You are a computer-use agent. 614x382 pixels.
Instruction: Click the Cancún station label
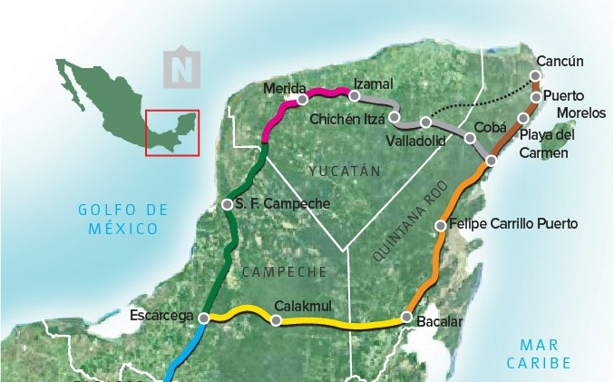(x=560, y=61)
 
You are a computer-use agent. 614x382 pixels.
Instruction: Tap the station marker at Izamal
(x=355, y=96)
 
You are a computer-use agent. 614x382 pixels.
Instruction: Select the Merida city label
(x=284, y=87)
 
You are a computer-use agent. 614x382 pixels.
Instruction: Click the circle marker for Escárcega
(x=204, y=318)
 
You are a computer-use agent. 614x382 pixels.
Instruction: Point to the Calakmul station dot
(x=276, y=319)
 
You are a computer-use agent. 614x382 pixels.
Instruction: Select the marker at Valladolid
(x=425, y=122)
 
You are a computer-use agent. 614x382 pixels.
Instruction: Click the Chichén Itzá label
(x=347, y=119)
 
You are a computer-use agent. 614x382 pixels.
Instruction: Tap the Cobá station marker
(x=470, y=138)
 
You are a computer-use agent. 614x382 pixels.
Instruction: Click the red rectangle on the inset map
(x=172, y=132)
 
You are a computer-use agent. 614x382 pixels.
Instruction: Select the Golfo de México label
(x=123, y=219)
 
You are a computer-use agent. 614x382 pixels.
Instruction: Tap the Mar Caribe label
(x=545, y=353)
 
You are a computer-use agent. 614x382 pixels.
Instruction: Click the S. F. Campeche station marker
(x=227, y=204)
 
